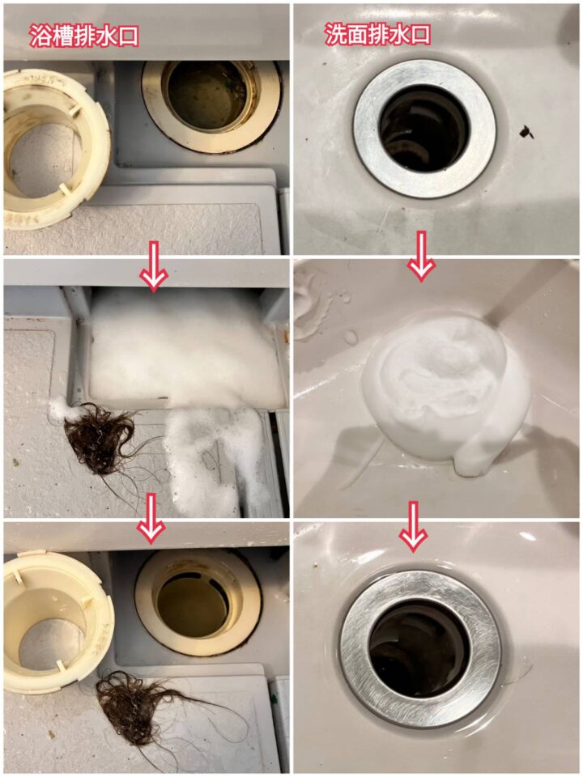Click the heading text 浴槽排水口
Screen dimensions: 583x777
83,36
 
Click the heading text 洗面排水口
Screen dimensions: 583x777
377,34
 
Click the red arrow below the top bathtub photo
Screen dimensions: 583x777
154,266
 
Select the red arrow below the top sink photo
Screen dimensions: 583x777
421,256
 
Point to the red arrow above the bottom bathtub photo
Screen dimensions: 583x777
151,518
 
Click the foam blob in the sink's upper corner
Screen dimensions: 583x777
311,297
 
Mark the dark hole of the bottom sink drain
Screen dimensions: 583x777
419,649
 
